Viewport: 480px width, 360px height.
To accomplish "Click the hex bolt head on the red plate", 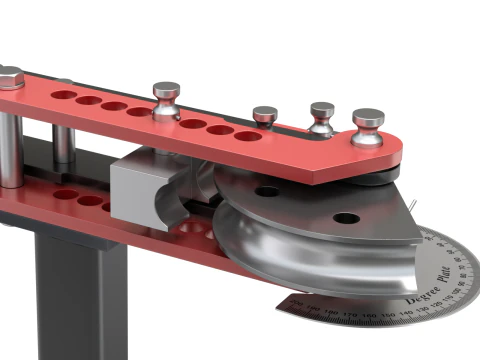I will pos(9,77).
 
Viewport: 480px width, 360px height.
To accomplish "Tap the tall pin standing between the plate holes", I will pos(166,101).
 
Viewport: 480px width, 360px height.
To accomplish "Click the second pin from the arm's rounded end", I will pos(322,116).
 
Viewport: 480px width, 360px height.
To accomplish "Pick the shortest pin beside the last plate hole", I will pos(265,115).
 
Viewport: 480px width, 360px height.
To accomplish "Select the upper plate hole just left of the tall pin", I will pos(139,111).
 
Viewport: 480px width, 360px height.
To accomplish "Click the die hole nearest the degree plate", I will pos(345,217).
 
